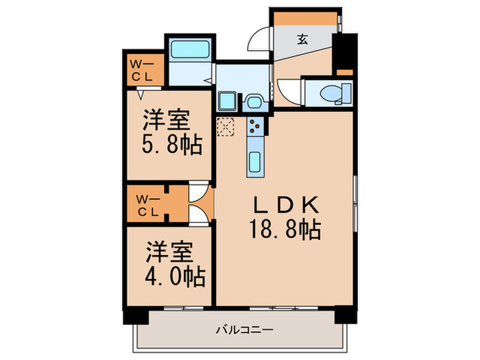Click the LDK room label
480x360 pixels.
pyautogui.click(x=287, y=204)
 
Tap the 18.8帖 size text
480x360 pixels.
pyautogui.click(x=287, y=230)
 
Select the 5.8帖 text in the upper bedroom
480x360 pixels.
pyautogui.click(x=167, y=146)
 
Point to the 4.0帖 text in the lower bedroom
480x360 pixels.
pyautogui.click(x=175, y=276)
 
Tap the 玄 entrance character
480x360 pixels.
pyautogui.click(x=302, y=38)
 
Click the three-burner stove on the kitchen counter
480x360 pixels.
pyautogui.click(x=255, y=125)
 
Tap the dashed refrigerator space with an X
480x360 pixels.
pyautogui.click(x=226, y=128)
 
